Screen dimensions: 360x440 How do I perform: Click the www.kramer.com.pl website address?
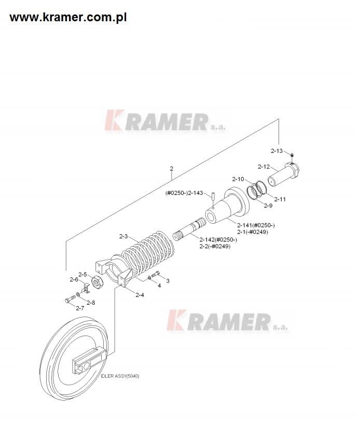tap(68, 18)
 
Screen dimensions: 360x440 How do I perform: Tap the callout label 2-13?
tap(276, 151)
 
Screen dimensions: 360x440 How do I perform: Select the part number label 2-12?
tap(264, 167)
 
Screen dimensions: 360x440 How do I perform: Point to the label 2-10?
tap(238, 179)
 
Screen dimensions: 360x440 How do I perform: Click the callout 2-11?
tap(280, 199)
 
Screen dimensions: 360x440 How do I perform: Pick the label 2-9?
tap(268, 205)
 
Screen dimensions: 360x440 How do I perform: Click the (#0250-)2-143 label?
tap(184, 193)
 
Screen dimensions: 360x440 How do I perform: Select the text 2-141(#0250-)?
tap(256, 225)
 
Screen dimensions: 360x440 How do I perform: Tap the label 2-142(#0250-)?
tap(218, 239)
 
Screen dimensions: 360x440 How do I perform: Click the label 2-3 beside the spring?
tap(123, 236)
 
